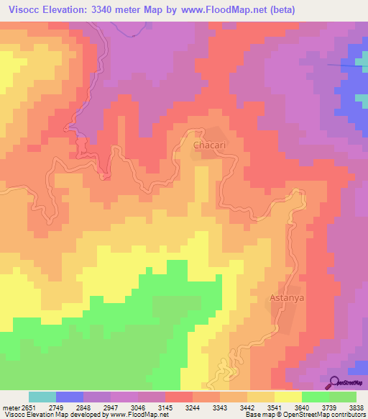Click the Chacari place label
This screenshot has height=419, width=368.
(211, 145)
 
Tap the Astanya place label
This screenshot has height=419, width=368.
(292, 297)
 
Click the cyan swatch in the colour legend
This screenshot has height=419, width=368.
(42, 397)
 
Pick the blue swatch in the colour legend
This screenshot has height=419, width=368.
(70, 397)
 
